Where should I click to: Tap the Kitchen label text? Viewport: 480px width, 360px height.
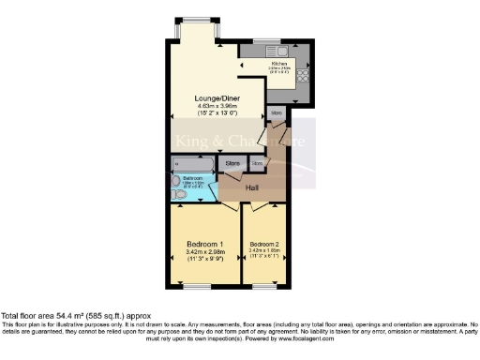coord(279,63)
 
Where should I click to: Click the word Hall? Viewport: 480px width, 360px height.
coord(252,188)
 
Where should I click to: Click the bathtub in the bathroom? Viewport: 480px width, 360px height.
coord(192,163)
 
